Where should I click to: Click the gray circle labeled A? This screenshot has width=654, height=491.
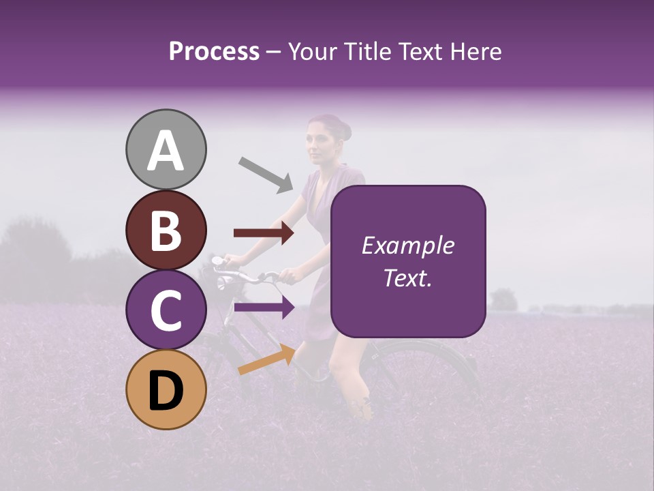pyautogui.click(x=166, y=149)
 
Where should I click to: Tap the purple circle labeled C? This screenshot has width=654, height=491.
pyautogui.click(x=166, y=310)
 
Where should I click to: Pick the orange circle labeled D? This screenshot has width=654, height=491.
pyautogui.click(x=166, y=389)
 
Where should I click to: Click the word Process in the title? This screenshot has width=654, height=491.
pyautogui.click(x=214, y=52)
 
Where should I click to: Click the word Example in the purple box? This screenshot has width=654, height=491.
pyautogui.click(x=407, y=245)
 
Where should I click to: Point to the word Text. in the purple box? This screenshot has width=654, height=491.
pyautogui.click(x=407, y=278)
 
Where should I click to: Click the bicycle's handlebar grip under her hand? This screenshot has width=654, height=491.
pyautogui.click(x=286, y=276)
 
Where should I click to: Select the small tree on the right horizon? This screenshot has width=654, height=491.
pyautogui.click(x=503, y=299)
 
